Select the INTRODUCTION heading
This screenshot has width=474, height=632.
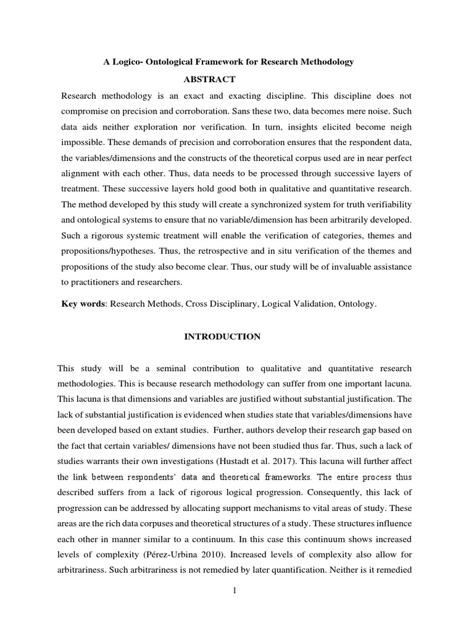[223, 336]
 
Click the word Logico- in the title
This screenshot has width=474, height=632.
[131, 62]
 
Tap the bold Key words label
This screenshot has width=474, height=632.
[82, 304]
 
